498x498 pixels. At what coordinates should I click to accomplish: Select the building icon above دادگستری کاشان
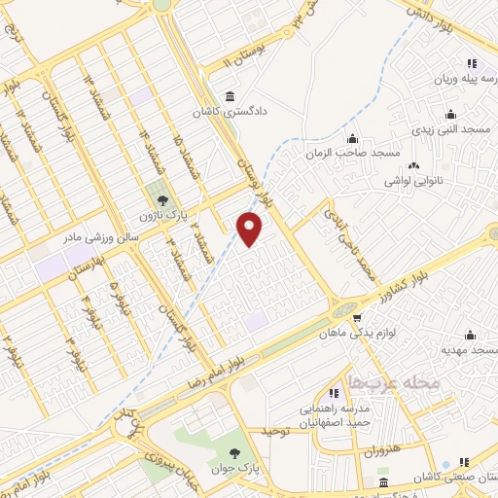click(x=230, y=95)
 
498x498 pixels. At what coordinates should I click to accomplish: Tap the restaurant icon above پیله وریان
click(x=471, y=64)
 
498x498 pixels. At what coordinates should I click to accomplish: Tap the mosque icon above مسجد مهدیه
click(x=471, y=333)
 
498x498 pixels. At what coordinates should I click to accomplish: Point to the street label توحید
click(x=276, y=429)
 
